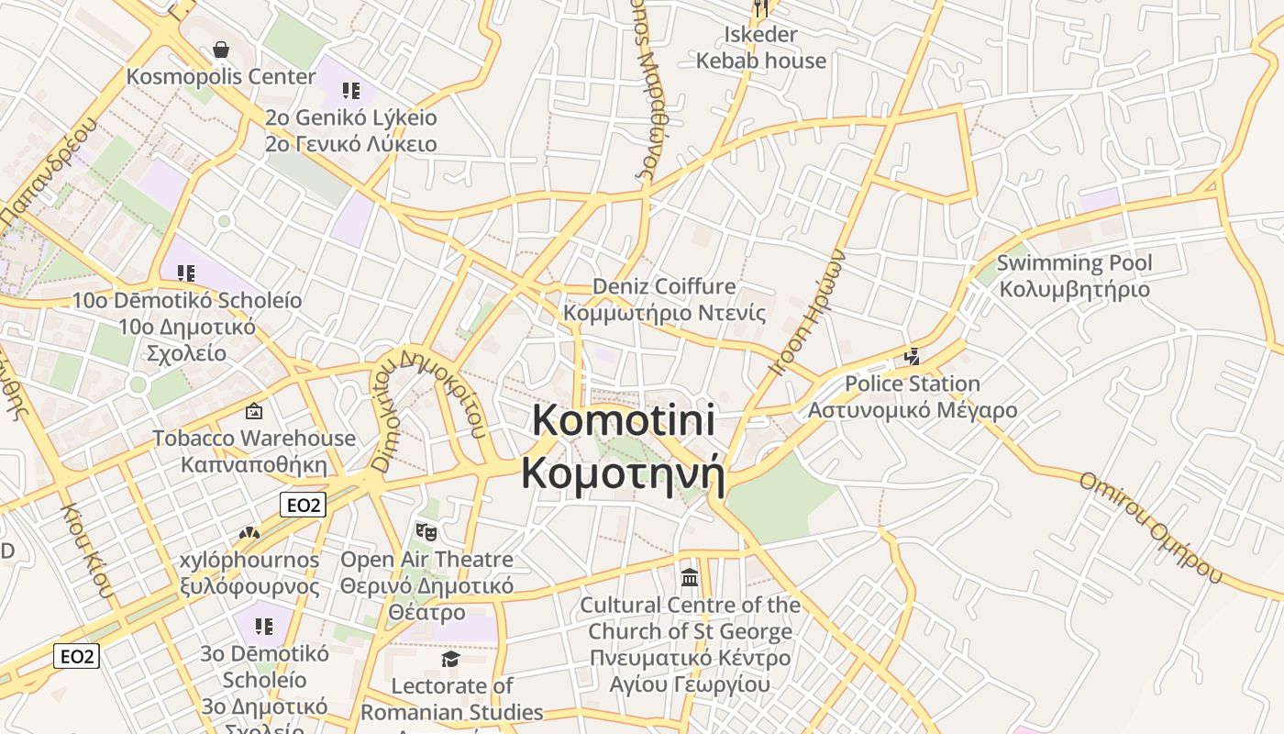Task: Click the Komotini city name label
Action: pyautogui.click(x=624, y=448)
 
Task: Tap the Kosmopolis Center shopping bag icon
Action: pyautogui.click(x=221, y=50)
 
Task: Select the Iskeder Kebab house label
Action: pyautogui.click(x=761, y=48)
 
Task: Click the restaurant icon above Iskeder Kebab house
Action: pyautogui.click(x=761, y=8)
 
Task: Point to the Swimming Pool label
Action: pyautogui.click(x=1074, y=276)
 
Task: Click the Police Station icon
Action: pyautogui.click(x=912, y=356)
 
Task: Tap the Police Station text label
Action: pyautogui.click(x=913, y=396)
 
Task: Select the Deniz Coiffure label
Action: pyautogui.click(x=664, y=299)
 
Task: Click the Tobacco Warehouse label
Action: pyautogui.click(x=254, y=450)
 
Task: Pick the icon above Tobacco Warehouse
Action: pyautogui.click(x=254, y=411)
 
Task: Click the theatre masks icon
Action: pyautogui.click(x=426, y=531)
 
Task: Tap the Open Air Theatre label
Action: pyautogui.click(x=426, y=585)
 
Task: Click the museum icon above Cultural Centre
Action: pyautogui.click(x=690, y=578)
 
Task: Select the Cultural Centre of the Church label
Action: pyautogui.click(x=690, y=644)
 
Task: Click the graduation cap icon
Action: pyautogui.click(x=450, y=659)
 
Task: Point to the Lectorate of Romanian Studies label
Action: pyautogui.click(x=451, y=699)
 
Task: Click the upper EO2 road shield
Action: pyautogui.click(x=303, y=505)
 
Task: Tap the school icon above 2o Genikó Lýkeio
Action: pyautogui.click(x=350, y=90)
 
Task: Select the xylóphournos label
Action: pyautogui.click(x=249, y=573)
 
